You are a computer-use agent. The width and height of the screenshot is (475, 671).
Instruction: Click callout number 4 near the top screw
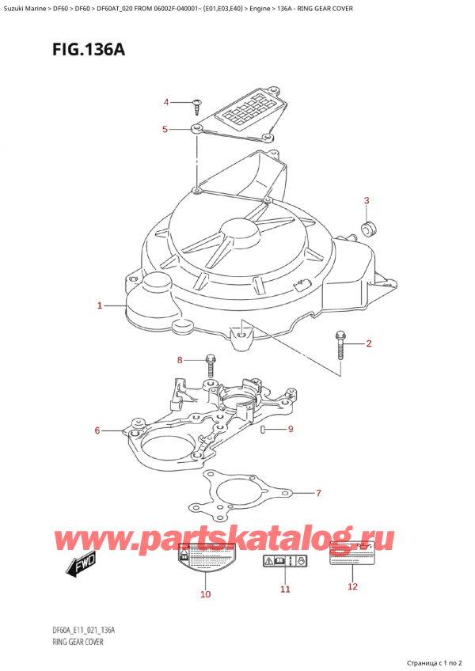(x=166, y=102)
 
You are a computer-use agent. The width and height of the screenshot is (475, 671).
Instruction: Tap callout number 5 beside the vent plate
(x=165, y=129)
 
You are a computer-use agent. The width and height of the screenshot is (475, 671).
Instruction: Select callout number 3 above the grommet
(x=366, y=200)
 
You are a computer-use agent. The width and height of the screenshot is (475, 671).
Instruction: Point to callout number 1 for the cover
(x=100, y=305)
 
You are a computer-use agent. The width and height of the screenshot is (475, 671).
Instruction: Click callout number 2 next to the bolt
(x=368, y=343)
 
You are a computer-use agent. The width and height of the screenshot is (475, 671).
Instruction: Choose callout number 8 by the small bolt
(x=180, y=361)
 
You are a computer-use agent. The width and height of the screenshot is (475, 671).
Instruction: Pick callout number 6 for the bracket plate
(x=97, y=430)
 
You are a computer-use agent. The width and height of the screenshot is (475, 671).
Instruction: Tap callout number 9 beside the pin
(x=291, y=430)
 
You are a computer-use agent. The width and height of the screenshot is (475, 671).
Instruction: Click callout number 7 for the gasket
(x=318, y=494)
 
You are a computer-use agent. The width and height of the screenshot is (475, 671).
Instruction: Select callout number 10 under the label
(x=205, y=593)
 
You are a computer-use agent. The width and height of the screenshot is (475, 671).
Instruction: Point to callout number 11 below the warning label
(x=285, y=589)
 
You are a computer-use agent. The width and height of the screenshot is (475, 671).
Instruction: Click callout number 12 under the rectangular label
(x=353, y=586)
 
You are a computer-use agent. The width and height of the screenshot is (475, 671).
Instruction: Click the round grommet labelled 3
(x=368, y=229)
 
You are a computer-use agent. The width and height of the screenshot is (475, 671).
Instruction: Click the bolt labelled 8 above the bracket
(x=210, y=365)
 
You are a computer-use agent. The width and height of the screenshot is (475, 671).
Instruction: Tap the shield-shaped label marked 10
(x=205, y=562)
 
